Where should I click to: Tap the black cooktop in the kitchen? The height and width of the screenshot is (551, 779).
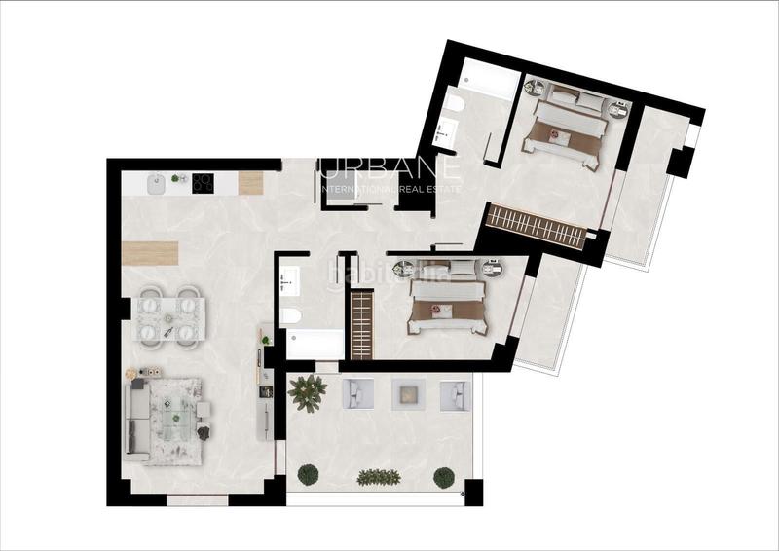(x=204, y=181)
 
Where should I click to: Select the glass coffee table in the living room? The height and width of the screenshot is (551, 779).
(x=175, y=417)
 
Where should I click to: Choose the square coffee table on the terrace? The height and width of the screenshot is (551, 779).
(x=405, y=394)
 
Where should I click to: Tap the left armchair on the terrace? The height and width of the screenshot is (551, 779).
(x=353, y=393)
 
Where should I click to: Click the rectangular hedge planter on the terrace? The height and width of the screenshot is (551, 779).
(x=378, y=477)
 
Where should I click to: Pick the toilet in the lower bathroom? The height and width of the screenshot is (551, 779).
(x=290, y=315)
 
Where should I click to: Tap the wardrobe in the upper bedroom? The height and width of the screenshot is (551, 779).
(x=535, y=226)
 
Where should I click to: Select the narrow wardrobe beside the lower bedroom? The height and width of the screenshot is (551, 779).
(x=361, y=324)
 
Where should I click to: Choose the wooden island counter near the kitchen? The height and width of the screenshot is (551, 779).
(x=151, y=251)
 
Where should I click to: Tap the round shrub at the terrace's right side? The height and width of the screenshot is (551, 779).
(x=444, y=477)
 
